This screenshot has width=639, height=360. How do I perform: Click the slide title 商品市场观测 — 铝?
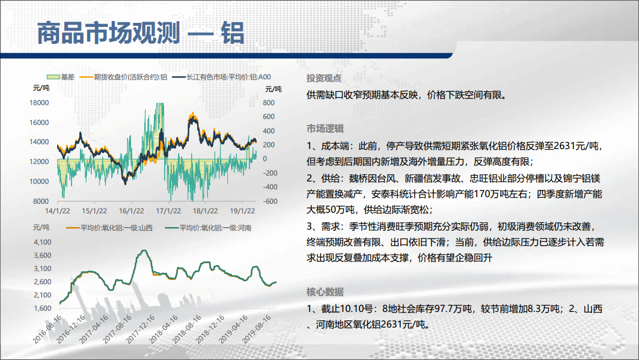(141, 33)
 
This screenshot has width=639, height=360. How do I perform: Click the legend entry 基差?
(61, 77)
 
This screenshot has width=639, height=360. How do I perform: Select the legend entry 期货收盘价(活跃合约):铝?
(123, 77)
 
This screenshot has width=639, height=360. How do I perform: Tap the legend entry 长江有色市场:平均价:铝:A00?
(222, 77)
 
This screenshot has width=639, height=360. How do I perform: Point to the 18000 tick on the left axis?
(39, 103)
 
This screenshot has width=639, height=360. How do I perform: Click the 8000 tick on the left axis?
(41, 201)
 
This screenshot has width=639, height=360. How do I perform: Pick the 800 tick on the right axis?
(269, 103)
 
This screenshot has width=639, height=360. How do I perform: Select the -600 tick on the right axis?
(269, 201)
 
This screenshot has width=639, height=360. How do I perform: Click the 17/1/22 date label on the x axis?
(168, 211)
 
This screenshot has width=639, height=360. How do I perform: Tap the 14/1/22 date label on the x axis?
(58, 211)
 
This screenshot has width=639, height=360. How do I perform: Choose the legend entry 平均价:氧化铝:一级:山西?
(109, 228)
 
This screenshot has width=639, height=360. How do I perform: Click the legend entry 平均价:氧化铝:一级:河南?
(208, 228)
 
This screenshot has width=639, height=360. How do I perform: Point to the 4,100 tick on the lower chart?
(43, 242)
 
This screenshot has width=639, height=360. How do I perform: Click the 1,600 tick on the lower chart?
(43, 308)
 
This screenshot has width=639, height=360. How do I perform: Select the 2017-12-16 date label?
(141, 329)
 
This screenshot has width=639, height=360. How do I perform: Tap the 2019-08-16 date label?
(257, 329)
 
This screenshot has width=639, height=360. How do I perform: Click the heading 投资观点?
(323, 78)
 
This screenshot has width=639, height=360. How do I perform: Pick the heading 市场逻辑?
(325, 129)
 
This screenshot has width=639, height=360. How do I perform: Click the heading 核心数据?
(325, 292)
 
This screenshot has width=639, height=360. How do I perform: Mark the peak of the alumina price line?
(144, 250)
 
